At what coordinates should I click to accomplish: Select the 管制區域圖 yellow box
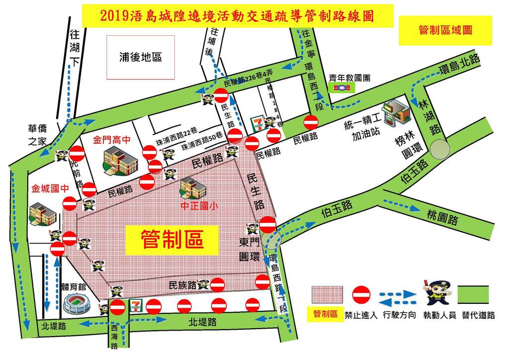(445, 30)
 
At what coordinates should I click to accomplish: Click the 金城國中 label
(49, 188)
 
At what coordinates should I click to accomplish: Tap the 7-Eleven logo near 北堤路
(136, 305)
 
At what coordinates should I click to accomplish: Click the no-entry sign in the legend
(361, 295)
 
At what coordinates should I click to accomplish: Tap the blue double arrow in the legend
(397, 295)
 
